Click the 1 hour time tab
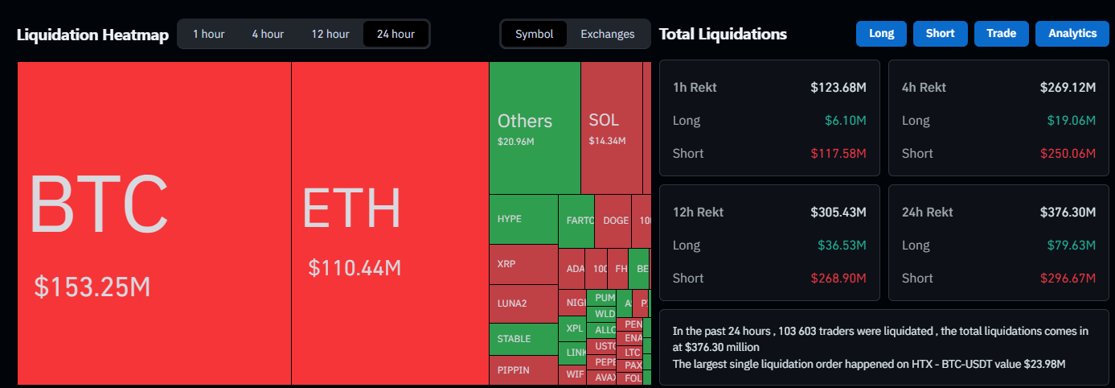[208, 34]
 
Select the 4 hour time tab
[268, 34]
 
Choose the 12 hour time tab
[330, 34]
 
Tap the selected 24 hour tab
[396, 34]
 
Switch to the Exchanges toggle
[607, 34]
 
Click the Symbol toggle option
[535, 34]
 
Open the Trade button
[1001, 34]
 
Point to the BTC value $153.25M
[92, 287]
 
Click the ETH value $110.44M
[355, 268]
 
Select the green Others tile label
[525, 121]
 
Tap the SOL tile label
[604, 120]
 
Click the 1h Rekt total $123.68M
[838, 87]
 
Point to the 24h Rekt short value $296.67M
[1068, 278]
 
